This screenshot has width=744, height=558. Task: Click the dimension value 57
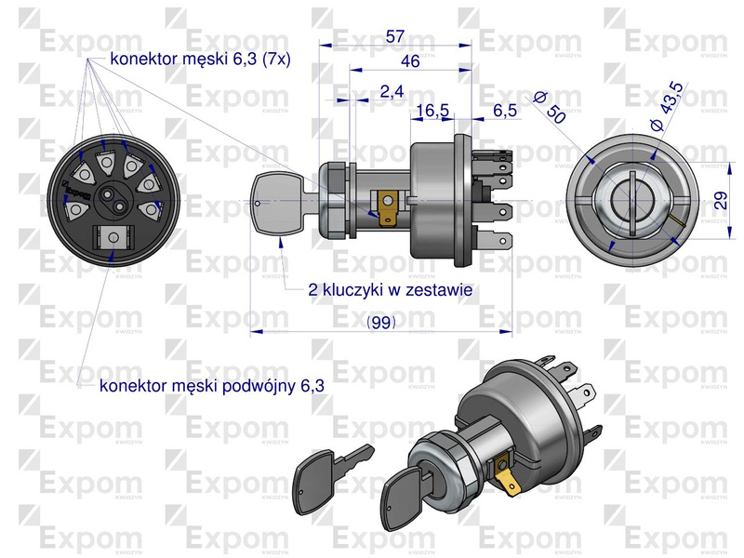click(x=394, y=36)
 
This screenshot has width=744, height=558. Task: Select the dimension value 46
click(x=410, y=61)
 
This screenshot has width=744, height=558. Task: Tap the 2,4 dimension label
click(x=392, y=91)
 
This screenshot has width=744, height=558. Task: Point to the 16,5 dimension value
click(x=432, y=111)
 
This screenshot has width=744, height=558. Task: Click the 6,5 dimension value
click(x=505, y=111)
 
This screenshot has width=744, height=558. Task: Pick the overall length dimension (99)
click(x=381, y=323)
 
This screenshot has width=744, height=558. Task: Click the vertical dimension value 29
click(x=721, y=200)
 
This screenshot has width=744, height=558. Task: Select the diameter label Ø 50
click(x=551, y=107)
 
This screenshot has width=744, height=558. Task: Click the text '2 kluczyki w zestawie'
click(x=390, y=289)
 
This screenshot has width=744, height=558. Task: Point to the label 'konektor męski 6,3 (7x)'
click(x=200, y=59)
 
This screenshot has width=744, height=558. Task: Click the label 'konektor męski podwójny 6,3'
click(x=212, y=386)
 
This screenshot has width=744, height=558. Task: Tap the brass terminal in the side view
click(x=388, y=206)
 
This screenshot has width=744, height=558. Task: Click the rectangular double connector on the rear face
click(x=113, y=237)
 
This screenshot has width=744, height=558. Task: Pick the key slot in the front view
click(x=632, y=202)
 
